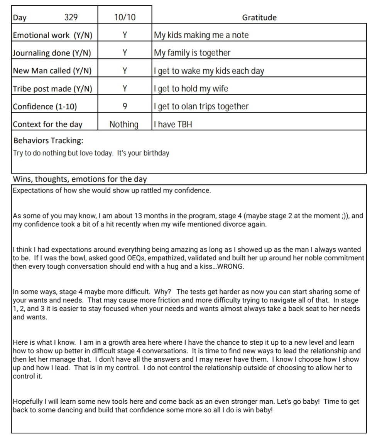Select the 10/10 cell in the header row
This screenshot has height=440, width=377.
125,17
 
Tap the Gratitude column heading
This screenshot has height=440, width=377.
259,17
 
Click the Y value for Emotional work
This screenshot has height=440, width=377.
125,35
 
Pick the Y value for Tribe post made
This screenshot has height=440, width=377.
125,89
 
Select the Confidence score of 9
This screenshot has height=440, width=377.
125,106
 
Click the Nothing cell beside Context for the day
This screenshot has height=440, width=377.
124,124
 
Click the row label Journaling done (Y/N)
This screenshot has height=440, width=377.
52,53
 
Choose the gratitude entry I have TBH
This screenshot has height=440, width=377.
172,124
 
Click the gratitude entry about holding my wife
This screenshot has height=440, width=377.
191,89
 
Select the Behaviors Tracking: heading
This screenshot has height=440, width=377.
48,140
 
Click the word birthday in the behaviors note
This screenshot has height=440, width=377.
156,153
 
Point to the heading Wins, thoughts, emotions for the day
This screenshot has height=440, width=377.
80,179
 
